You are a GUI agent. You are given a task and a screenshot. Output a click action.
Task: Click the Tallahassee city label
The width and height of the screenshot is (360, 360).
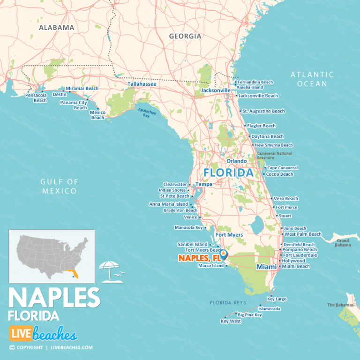(142, 84)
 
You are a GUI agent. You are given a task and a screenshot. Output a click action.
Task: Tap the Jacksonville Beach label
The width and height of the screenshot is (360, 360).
(258, 96)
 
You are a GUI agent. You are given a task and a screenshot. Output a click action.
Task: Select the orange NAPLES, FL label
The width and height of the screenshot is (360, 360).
(199, 258)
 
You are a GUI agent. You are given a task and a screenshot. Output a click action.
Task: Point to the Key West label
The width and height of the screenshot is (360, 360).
(231, 322)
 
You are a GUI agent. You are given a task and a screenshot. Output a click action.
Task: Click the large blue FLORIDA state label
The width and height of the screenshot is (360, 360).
(228, 172)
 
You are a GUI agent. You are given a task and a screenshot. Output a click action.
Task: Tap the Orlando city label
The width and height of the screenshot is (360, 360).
(237, 161)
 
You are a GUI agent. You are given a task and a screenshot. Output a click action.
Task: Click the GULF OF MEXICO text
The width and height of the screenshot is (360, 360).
(59, 186)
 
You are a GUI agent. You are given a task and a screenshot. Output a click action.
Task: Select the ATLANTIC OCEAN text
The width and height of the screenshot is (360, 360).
(312, 79)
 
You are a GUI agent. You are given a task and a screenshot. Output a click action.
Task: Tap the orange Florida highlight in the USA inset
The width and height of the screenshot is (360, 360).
(75, 274)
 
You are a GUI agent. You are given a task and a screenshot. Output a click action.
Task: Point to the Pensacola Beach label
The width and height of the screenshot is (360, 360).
(37, 97)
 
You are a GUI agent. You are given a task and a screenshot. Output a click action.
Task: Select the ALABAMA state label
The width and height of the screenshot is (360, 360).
(56, 27)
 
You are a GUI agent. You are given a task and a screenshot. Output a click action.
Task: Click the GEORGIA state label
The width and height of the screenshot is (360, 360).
(185, 36)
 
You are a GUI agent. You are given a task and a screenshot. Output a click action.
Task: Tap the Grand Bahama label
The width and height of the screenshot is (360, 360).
(343, 242)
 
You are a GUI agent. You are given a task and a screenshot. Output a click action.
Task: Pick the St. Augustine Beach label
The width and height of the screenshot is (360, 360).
(263, 111)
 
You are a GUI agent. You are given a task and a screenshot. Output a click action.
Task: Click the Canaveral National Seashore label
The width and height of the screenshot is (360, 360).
(274, 156)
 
